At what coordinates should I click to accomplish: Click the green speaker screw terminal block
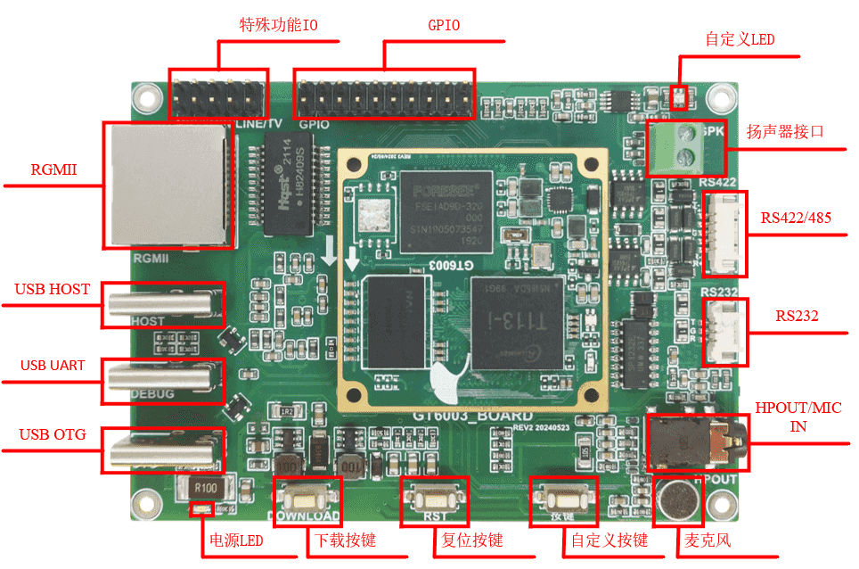click(683, 147)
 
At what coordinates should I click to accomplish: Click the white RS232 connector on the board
click(725, 331)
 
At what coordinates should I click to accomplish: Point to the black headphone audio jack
click(695, 441)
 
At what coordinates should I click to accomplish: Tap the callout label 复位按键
click(473, 540)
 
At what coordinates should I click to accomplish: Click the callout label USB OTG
click(53, 435)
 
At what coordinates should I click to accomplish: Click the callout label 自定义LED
click(740, 39)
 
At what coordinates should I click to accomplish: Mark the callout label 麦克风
click(708, 540)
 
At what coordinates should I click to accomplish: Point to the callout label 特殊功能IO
click(279, 25)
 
